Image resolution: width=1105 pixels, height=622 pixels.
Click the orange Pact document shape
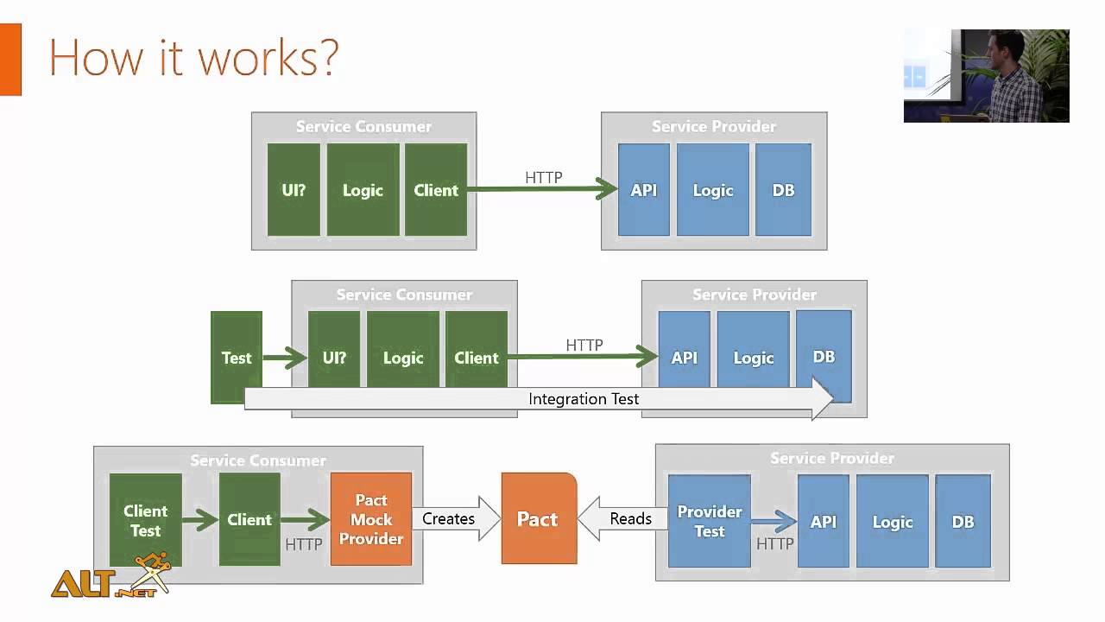(x=539, y=518)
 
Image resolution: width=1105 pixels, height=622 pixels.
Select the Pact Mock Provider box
(x=371, y=519)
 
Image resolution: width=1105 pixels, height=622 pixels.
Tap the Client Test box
(x=146, y=520)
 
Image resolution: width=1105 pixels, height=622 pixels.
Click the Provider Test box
(x=710, y=521)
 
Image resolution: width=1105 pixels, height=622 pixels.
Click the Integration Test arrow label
(x=584, y=398)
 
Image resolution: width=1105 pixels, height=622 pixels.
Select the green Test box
(x=236, y=358)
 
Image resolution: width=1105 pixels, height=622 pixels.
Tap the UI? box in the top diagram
(x=294, y=190)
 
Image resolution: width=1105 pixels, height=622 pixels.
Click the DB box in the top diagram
(x=783, y=190)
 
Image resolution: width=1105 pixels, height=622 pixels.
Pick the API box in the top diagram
(x=644, y=190)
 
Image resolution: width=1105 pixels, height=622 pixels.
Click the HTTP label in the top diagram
(x=544, y=178)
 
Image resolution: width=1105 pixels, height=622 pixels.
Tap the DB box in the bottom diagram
(x=963, y=521)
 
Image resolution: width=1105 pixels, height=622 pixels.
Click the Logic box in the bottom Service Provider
(x=893, y=521)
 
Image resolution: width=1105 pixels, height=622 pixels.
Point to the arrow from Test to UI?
(x=284, y=358)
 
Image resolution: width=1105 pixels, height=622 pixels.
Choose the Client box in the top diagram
(x=436, y=190)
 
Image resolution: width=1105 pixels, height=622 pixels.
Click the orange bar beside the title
(x=10, y=59)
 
